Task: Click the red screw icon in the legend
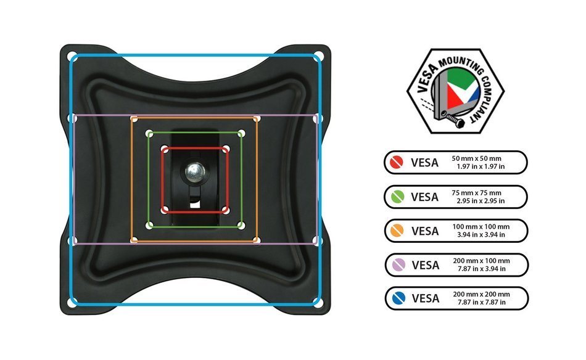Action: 397,163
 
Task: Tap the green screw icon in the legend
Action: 397,197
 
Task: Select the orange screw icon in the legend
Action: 397,231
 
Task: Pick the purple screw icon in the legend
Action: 398,265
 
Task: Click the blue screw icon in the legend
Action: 398,298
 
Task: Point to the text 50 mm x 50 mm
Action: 476,158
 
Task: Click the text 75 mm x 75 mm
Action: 476,193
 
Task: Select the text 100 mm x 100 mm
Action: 481,227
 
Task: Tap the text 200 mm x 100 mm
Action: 481,261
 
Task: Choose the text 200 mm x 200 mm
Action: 481,294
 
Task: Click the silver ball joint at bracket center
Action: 195,172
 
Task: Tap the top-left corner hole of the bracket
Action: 72,56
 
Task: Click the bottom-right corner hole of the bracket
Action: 318,303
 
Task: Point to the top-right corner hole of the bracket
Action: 319,56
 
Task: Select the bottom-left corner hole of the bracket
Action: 72,303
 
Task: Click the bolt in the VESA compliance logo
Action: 453,119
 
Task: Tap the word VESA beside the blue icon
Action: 425,298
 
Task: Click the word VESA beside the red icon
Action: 424,163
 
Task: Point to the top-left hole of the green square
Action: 149,133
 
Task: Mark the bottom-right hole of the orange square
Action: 257,240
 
